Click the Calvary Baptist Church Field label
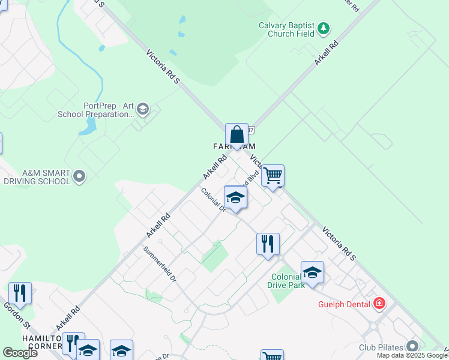point(286,29)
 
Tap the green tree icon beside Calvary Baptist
point(324,28)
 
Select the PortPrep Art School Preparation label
point(96,109)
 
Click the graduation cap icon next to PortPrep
point(143,109)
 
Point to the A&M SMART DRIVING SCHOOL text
point(37,176)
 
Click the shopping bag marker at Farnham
point(237,135)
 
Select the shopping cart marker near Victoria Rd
point(273,176)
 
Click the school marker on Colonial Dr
point(235,197)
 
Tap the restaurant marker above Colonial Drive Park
point(268,244)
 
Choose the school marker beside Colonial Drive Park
point(312,272)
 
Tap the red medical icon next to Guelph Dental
point(379,304)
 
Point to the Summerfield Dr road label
point(160,265)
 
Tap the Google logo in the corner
point(20,353)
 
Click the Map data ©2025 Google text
point(412,355)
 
